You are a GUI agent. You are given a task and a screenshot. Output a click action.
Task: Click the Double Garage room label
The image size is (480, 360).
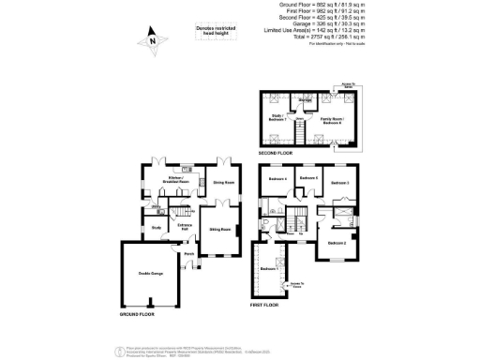click(x=151, y=274)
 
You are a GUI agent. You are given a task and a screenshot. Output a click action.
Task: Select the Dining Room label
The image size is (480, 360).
click(x=222, y=183)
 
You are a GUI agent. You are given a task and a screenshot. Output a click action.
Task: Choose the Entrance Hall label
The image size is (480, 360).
click(x=185, y=226)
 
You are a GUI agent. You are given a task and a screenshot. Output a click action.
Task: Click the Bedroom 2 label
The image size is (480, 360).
click(x=337, y=244)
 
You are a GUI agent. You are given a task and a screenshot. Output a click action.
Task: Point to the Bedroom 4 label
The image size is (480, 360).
click(x=277, y=179)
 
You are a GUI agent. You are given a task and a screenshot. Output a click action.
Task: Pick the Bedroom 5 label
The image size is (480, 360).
click(x=308, y=178)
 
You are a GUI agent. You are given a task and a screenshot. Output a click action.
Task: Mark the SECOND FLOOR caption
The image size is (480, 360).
click(x=277, y=151)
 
